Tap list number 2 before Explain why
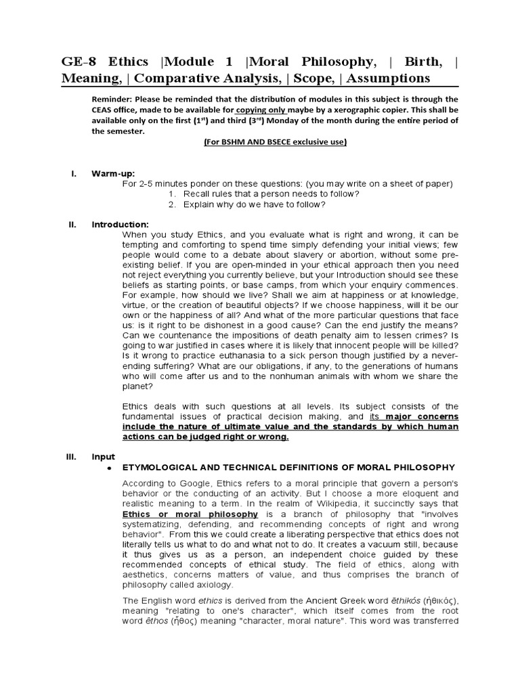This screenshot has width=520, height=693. (x=173, y=204)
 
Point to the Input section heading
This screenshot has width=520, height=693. (x=104, y=457)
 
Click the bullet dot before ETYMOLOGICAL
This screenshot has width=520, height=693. (x=109, y=468)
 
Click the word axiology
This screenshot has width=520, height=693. (x=213, y=585)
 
